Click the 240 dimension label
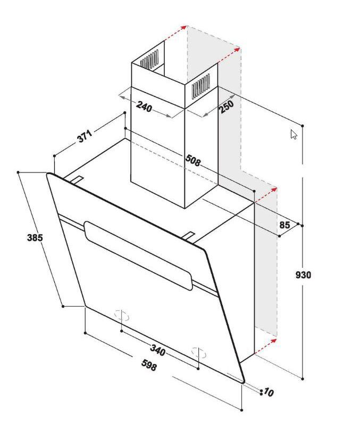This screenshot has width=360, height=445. [x=144, y=106]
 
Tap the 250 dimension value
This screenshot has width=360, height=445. [x=226, y=106]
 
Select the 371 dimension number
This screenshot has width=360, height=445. [x=85, y=136]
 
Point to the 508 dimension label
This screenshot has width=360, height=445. [x=193, y=160]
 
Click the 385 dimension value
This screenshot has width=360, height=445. [x=35, y=237]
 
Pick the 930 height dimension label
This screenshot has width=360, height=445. [x=303, y=275]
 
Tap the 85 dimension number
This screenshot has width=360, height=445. [x=285, y=225]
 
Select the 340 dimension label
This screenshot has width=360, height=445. [x=157, y=350]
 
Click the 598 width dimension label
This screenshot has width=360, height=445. [x=149, y=365]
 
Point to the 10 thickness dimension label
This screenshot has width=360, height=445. [x=269, y=392]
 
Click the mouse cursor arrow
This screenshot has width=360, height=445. [x=294, y=134]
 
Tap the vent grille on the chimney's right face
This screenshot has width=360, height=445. [x=200, y=86]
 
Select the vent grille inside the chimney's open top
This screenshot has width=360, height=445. [x=149, y=60]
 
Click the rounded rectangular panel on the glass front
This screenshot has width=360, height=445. [x=138, y=256]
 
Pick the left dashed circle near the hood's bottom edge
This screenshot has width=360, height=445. [x=122, y=316]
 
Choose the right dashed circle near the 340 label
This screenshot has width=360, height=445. [x=199, y=353]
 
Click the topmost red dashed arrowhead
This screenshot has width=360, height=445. [x=183, y=27]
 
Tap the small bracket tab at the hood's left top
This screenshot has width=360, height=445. [x=76, y=179]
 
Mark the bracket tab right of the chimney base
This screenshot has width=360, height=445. [x=188, y=236]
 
